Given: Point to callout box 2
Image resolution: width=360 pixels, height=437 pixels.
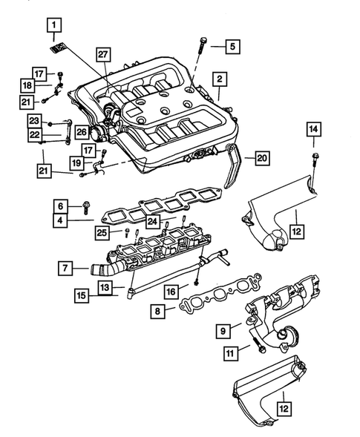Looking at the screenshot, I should point(220,79).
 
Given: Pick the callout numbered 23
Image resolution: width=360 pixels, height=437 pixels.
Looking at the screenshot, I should point(34,120).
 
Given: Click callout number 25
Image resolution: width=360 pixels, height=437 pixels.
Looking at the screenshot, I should point(104,234).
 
